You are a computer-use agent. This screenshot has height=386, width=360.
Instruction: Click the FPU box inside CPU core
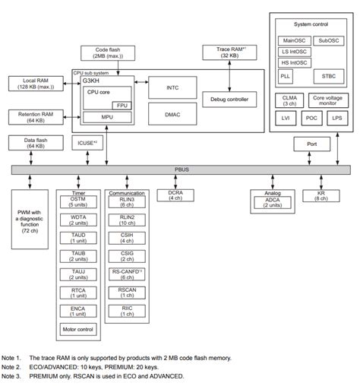pyautogui.click(x=122, y=104)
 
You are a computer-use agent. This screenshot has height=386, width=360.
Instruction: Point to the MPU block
pyautogui.click(x=106, y=118)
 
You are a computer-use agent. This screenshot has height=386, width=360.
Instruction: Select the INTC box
pyautogui.click(x=172, y=87)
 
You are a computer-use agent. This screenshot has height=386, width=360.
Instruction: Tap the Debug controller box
pyautogui.click(x=229, y=100)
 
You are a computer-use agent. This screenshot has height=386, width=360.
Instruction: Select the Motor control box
pyautogui.click(x=78, y=330)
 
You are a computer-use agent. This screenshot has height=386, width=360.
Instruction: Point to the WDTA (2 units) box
pyautogui.click(x=78, y=220)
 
